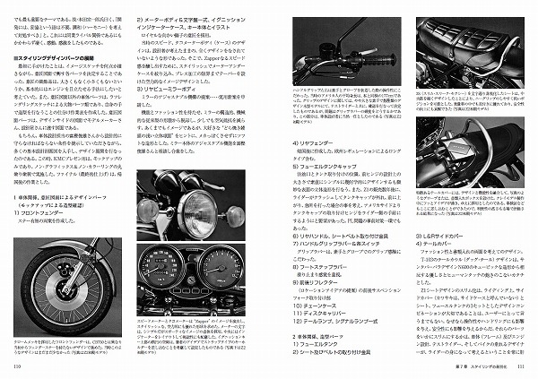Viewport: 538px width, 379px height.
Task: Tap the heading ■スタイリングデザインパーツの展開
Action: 60,57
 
